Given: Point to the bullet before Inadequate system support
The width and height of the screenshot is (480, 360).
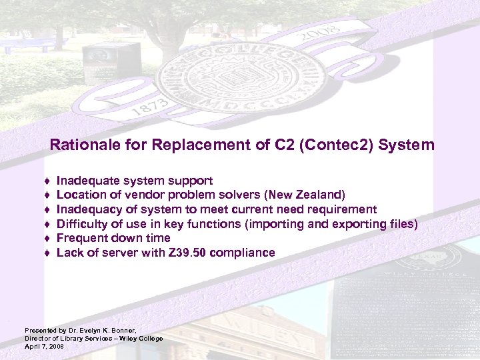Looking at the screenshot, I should pyautogui.click(x=49, y=181).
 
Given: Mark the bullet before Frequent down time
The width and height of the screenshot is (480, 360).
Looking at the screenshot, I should pyautogui.click(x=49, y=239).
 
